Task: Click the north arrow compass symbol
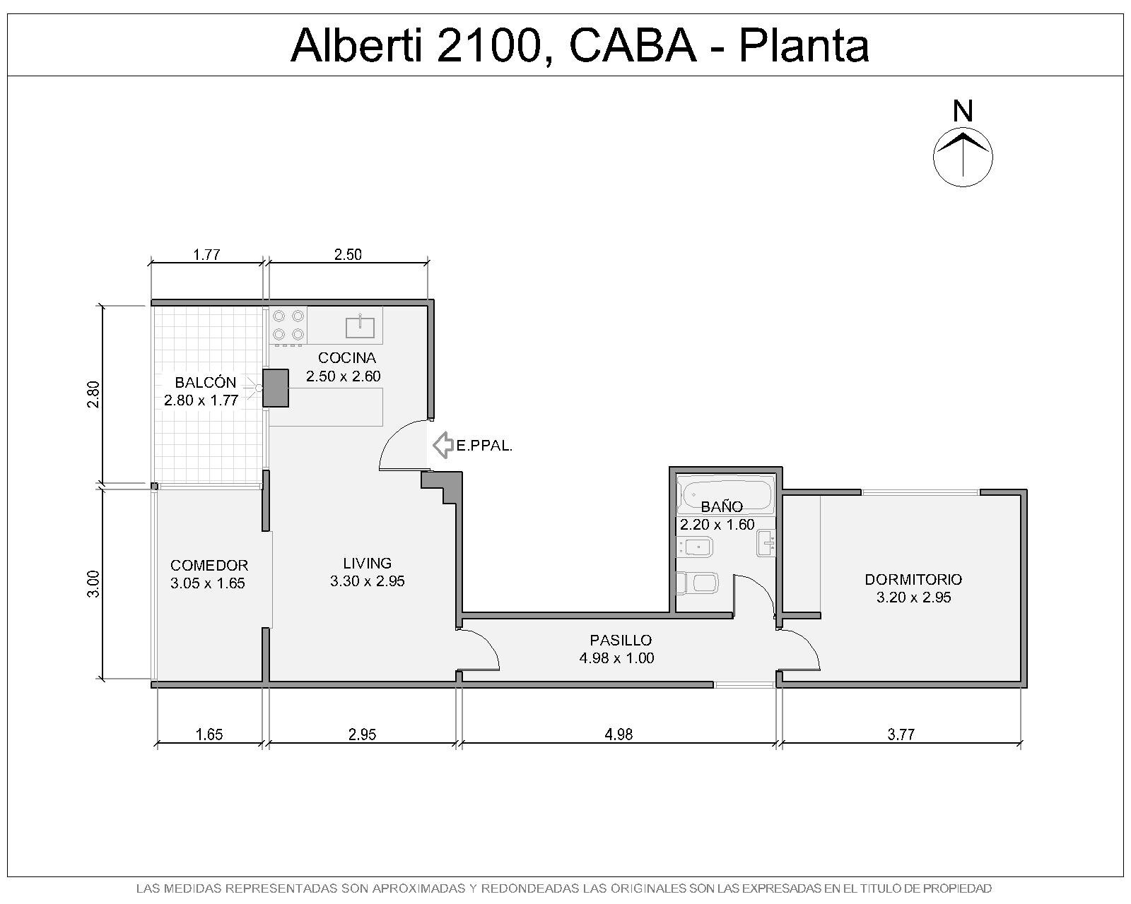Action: point(962,157)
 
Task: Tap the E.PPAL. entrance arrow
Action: point(443,445)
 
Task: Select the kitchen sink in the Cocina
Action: point(360,327)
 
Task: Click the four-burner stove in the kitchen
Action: point(288,326)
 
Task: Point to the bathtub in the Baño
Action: point(725,494)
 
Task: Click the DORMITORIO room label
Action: point(913,579)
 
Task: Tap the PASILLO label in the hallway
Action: point(621,641)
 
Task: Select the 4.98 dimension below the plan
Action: point(619,734)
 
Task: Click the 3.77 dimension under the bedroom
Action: point(901,734)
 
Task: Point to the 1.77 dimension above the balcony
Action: point(206,255)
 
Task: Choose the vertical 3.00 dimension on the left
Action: point(93,583)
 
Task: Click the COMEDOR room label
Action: point(209,565)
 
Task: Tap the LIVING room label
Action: point(368,563)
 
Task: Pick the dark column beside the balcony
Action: point(276,388)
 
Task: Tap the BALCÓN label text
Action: point(206,382)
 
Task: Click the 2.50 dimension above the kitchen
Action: point(348,255)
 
